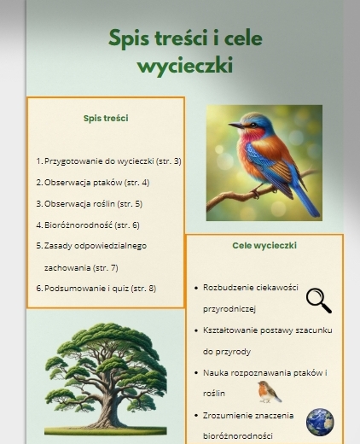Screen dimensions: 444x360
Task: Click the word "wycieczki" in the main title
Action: click(x=185, y=66)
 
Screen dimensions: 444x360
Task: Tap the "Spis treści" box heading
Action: click(x=106, y=118)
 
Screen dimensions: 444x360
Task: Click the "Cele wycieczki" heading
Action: click(x=264, y=245)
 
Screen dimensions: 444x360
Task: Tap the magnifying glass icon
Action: click(x=318, y=300)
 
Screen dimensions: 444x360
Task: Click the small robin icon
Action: click(x=270, y=391)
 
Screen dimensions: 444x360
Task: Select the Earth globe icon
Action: click(x=320, y=421)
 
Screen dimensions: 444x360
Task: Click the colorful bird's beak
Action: click(x=233, y=126)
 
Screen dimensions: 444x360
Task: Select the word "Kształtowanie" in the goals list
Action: click(x=231, y=330)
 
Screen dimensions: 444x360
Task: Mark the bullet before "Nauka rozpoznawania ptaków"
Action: click(x=197, y=373)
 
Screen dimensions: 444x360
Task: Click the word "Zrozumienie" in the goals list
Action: click(x=226, y=416)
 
